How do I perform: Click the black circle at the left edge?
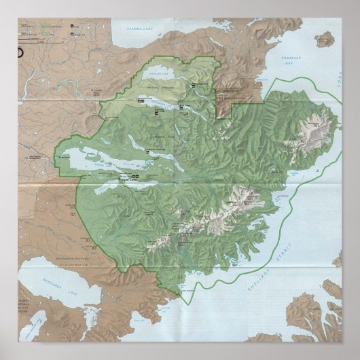pos(20,52)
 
